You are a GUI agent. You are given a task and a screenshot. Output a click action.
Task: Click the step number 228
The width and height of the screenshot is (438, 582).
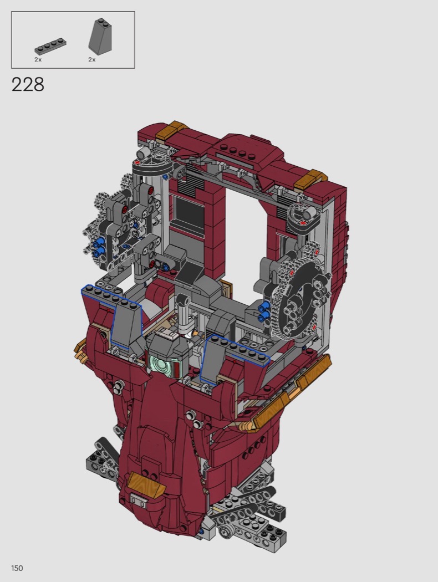28,85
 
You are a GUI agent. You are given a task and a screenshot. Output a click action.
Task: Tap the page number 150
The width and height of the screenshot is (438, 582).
17,568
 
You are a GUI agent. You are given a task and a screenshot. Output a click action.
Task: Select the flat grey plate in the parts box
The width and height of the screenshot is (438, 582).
50,47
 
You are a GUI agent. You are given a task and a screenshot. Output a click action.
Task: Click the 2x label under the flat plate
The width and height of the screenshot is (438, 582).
38,59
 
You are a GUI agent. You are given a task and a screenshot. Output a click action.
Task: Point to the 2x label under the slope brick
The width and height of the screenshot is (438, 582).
91,59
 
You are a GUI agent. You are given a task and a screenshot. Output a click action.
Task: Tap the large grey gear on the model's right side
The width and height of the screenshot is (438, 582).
301,293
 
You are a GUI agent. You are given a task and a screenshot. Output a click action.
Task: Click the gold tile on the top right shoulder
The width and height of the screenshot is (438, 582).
308,179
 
